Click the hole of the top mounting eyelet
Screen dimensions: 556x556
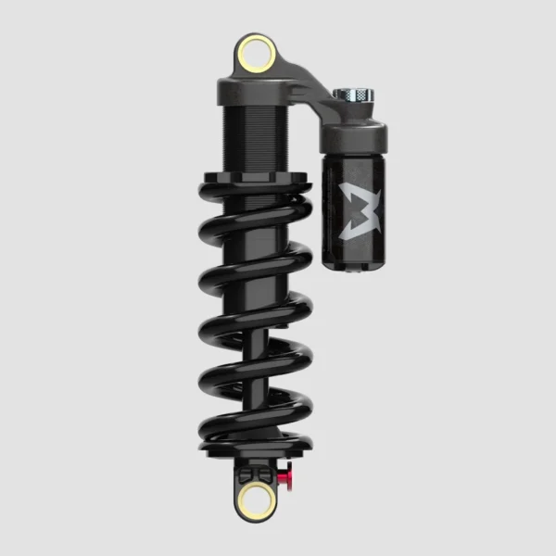click(256, 55)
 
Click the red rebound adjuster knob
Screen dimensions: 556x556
click(284, 477)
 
